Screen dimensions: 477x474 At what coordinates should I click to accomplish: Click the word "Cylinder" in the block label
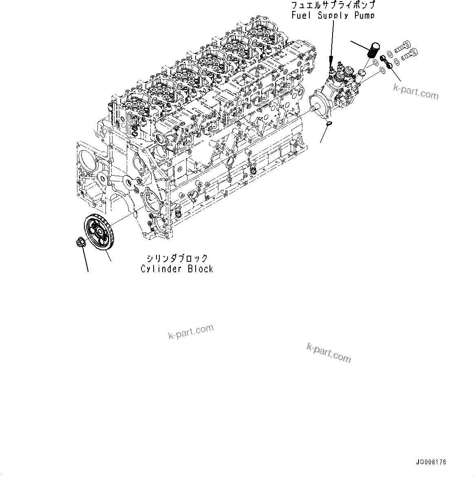tap(162, 269)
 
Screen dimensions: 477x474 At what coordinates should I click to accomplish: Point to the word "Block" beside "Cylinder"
tap(201, 269)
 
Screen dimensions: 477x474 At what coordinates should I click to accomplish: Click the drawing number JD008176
tap(431, 462)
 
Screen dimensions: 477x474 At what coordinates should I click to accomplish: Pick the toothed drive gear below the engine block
tap(98, 233)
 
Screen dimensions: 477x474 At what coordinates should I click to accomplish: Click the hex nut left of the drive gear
tap(80, 242)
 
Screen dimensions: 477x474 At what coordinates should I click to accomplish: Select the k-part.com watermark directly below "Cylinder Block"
tap(191, 331)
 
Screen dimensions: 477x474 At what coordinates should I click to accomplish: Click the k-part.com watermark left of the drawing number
tap(328, 352)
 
